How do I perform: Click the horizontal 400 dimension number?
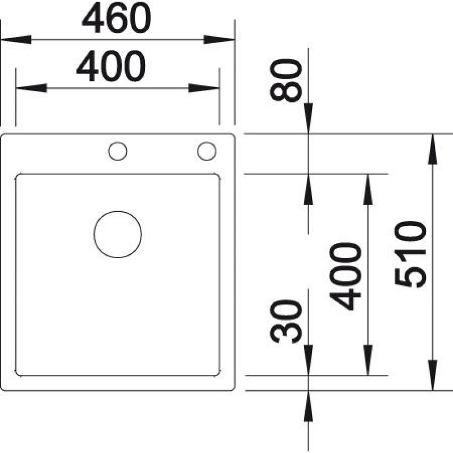(x=111, y=66)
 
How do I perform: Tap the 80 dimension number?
(x=286, y=80)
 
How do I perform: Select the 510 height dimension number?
(x=410, y=255)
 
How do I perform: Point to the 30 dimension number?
(x=286, y=321)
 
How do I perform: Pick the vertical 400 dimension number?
(x=345, y=276)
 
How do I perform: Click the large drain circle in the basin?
(x=118, y=234)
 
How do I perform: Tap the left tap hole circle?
(x=118, y=151)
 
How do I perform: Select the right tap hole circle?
(x=207, y=151)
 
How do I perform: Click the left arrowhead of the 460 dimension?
(x=16, y=39)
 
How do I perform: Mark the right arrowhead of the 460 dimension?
(x=219, y=39)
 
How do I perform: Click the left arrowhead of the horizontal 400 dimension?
(x=32, y=88)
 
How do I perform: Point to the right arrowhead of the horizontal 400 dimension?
(x=204, y=88)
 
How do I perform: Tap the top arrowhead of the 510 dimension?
(x=433, y=149)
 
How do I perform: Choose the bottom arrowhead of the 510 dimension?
(x=433, y=375)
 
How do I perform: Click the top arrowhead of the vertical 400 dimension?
(x=367, y=189)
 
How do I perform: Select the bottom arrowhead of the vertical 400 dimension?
(x=367, y=360)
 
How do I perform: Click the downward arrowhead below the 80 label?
(x=309, y=118)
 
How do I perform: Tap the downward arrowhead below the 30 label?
(x=309, y=360)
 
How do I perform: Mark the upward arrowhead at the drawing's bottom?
(x=309, y=406)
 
